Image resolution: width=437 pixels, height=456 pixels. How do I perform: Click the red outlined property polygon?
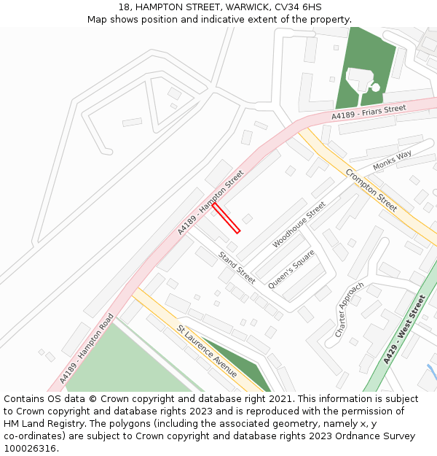point(226,218)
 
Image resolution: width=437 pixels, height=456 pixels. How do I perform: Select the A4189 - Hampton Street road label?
point(210,203)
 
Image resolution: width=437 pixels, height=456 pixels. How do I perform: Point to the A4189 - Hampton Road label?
point(87,348)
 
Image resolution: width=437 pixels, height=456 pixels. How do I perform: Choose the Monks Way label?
point(392,161)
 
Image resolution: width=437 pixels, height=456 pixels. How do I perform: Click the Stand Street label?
point(237,267)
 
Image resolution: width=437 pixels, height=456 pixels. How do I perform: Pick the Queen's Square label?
point(291,269)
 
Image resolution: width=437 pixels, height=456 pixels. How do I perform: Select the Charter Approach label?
point(349,309)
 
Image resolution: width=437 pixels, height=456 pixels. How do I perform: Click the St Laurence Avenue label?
point(207,351)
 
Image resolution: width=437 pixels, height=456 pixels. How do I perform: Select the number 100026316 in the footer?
point(30,449)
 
